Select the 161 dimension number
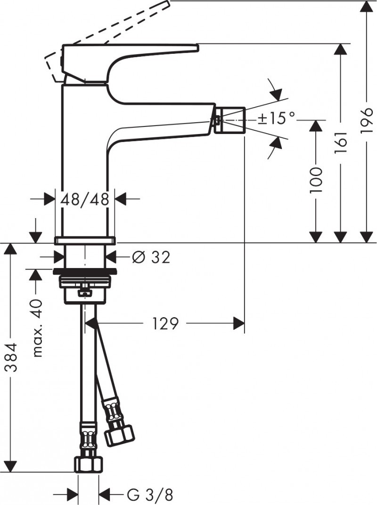(x=341, y=142)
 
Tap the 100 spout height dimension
(x=316, y=179)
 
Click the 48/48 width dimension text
(x=85, y=199)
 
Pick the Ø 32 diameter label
(x=151, y=257)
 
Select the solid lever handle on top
(x=127, y=52)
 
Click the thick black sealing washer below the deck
(x=85, y=271)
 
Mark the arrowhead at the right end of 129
(x=239, y=323)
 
